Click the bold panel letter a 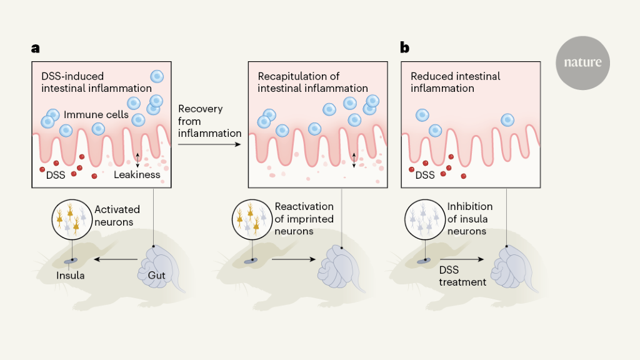tap(36, 47)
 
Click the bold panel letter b tap(405, 47)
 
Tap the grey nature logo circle tap(582, 62)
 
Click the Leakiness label tap(137, 175)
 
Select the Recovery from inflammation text tap(209, 121)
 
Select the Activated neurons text tap(117, 216)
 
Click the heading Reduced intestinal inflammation tap(455, 82)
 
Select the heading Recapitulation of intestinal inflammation tap(312, 82)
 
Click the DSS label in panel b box tap(425, 175)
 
